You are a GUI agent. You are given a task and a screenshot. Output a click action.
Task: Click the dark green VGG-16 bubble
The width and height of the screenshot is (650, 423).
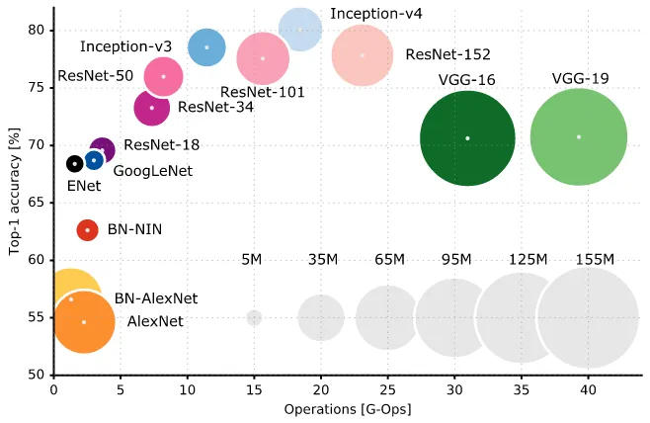pos(467,137)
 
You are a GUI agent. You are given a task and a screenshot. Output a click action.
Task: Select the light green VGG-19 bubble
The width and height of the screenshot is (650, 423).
pos(579,136)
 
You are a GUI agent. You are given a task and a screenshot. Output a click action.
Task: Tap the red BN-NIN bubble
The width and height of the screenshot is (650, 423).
pos(87,229)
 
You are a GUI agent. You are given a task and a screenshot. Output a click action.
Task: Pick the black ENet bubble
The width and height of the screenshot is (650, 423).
pos(74,163)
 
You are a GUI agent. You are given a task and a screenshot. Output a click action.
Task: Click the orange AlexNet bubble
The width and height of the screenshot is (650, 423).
pos(84,321)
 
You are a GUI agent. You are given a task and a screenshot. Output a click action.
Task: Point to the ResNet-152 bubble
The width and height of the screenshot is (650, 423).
pos(363,54)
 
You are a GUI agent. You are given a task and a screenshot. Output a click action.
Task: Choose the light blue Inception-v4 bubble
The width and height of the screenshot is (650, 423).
pos(300,30)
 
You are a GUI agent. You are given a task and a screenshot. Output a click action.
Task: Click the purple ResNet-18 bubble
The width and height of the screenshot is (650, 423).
pos(102,149)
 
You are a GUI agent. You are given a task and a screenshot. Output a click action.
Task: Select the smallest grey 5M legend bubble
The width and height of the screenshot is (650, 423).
pos(254,317)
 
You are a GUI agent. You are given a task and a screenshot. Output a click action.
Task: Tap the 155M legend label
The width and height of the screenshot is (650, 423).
pos(595,259)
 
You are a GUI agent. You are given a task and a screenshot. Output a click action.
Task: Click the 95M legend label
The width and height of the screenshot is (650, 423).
pos(455,259)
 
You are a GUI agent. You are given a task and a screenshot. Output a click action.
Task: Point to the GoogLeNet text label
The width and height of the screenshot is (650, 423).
pos(153,170)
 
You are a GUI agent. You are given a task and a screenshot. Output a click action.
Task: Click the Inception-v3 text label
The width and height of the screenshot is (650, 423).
pos(125,46)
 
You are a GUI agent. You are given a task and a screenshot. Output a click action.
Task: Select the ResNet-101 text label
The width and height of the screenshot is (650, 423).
pos(262,92)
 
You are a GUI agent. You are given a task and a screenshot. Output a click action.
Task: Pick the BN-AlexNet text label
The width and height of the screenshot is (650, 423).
pos(156,297)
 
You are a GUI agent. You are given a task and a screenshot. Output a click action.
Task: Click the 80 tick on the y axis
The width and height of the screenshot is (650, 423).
pos(36,30)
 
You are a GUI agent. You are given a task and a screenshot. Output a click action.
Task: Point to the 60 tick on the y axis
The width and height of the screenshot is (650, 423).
pos(36,260)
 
